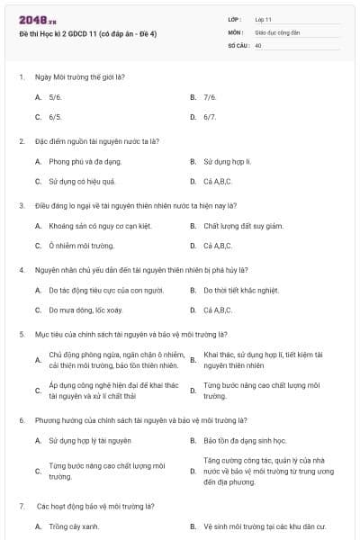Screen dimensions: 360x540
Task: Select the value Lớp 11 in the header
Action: (x=264, y=18)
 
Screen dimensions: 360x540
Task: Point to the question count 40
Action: (x=258, y=44)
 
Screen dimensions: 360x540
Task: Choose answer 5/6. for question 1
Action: (x=56, y=96)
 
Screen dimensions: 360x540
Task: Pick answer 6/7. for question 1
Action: (x=210, y=117)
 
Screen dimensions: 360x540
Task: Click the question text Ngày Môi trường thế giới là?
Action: (x=79, y=76)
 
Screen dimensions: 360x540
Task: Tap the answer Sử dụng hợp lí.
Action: (x=227, y=161)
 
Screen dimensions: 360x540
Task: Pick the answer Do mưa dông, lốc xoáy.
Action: (x=85, y=310)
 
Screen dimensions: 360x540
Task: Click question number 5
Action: (x=22, y=334)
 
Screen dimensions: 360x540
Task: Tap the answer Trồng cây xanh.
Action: (x=74, y=526)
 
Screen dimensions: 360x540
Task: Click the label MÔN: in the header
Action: (x=235, y=31)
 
